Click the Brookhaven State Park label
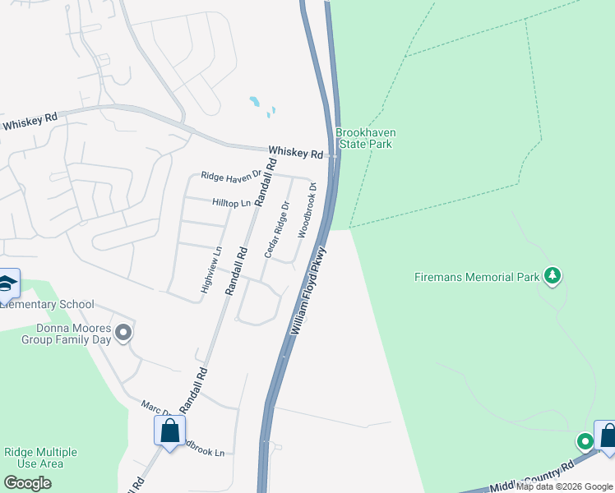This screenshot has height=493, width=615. tap(363, 138)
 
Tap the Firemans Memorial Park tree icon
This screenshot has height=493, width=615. tap(553, 275)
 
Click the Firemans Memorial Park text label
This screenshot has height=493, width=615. tap(477, 277)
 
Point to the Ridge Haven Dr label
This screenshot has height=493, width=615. tap(231, 174)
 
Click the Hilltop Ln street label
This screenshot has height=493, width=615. tap(230, 202)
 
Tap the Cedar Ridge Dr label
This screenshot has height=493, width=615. tap(276, 229)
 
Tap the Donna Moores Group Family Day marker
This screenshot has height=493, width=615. tap(123, 333)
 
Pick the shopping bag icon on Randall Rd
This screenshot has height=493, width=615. tap(169, 430)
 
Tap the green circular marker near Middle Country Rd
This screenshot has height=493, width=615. tap(585, 443)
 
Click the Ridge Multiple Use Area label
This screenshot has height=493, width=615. tap(40, 458)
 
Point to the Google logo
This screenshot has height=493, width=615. tap(28, 483)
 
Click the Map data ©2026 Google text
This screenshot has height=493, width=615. tap(564, 486)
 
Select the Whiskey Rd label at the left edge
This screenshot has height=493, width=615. tap(30, 122)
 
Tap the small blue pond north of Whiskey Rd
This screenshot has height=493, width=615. tap(256, 103)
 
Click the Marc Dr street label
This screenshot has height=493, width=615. tap(153, 407)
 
